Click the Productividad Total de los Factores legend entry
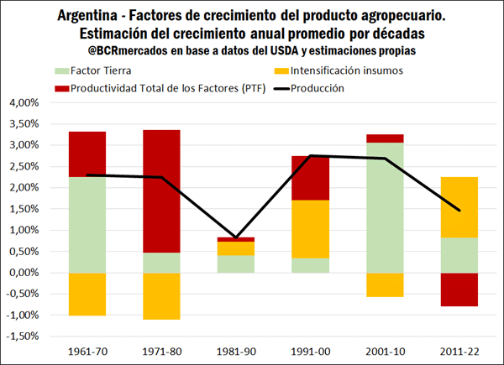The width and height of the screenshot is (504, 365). [x=160, y=87]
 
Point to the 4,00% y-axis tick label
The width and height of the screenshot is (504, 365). [x=27, y=103]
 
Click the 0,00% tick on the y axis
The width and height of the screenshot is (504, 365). [x=27, y=273]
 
